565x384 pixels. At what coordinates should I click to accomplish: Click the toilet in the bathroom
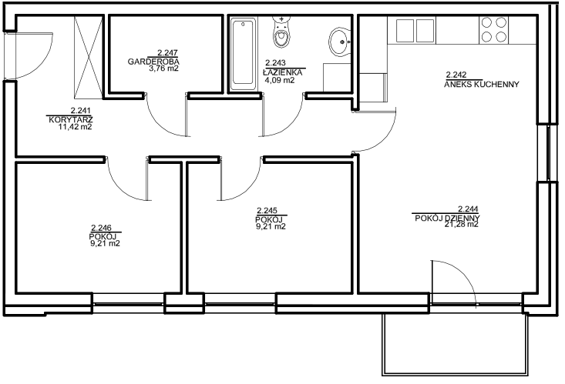click(x=281, y=32)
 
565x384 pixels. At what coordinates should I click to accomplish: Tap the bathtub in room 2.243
click(x=243, y=55)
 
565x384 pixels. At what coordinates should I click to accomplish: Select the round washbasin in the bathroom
click(x=338, y=42)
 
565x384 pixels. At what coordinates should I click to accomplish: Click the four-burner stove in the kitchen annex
click(x=493, y=29)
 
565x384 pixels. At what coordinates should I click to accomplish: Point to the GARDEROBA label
click(x=153, y=62)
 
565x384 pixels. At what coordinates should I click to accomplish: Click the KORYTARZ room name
click(x=71, y=119)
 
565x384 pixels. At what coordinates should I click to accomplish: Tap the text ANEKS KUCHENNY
click(x=482, y=84)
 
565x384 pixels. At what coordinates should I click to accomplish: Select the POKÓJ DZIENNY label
click(x=447, y=218)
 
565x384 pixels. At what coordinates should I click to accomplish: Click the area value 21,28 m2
click(x=461, y=224)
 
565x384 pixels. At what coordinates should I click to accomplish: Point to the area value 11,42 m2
click(x=75, y=127)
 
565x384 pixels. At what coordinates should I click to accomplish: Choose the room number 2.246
click(x=101, y=228)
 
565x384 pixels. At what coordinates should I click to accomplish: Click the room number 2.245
click(x=267, y=211)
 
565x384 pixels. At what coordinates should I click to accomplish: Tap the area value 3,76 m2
click(x=164, y=68)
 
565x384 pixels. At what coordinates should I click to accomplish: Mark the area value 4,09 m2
click(x=280, y=80)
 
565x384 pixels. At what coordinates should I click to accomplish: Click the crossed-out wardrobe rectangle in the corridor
click(x=89, y=57)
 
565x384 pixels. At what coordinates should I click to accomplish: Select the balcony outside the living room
click(x=455, y=344)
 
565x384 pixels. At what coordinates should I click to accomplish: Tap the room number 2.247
click(x=167, y=53)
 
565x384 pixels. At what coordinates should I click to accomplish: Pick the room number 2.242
click(x=456, y=75)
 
